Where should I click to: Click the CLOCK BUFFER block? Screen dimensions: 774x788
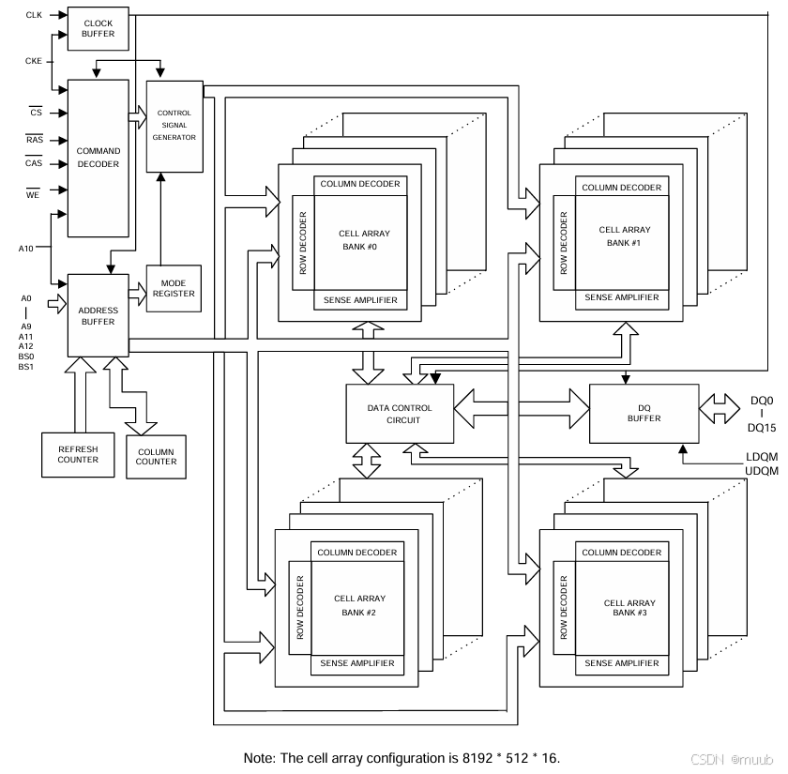click(98, 28)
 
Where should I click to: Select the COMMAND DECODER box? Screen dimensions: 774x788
click(98, 158)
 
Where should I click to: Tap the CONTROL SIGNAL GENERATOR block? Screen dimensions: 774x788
click(174, 126)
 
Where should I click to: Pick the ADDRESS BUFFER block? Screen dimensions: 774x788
click(98, 315)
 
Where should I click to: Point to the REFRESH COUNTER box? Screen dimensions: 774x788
click(77, 454)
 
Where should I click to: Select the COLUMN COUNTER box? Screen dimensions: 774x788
click(156, 457)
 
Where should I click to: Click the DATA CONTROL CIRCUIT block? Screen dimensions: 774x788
click(400, 414)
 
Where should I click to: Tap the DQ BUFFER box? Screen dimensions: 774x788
click(643, 413)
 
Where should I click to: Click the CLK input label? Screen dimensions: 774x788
click(34, 15)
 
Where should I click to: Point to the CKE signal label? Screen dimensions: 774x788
click(34, 61)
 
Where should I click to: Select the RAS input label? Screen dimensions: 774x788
click(34, 140)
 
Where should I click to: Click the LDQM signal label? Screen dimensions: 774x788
click(761, 457)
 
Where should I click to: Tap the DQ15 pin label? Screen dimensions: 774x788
click(762, 427)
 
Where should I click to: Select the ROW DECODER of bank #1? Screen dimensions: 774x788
click(564, 242)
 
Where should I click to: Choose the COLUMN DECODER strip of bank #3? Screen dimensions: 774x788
click(622, 553)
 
